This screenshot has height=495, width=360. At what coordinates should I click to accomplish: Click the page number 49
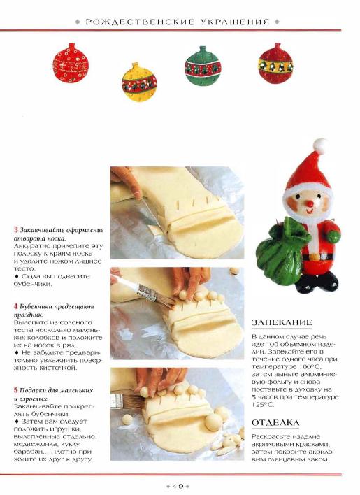[178, 486]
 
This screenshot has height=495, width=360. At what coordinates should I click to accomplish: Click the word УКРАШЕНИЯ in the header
[235, 22]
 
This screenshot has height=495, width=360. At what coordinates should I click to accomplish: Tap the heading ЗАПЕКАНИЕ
[282, 322]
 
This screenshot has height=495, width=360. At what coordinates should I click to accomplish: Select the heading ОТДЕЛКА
[275, 422]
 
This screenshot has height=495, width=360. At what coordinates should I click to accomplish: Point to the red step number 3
[16, 230]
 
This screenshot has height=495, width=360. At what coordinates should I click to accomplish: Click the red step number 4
[16, 306]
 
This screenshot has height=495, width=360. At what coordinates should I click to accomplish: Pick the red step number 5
[16, 390]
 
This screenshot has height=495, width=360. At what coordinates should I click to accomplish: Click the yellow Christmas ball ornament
[139, 82]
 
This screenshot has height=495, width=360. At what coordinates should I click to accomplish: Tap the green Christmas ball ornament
[203, 66]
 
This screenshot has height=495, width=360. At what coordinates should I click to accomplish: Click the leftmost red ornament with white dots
[71, 64]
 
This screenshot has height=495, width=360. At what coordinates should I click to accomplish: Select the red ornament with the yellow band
[275, 64]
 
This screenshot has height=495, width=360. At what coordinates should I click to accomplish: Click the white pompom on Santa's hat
[320, 146]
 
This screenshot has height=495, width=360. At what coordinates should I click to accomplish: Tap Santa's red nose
[310, 204]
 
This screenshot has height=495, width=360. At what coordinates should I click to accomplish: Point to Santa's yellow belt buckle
[315, 257]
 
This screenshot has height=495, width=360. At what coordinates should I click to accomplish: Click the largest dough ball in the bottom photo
[214, 422]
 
